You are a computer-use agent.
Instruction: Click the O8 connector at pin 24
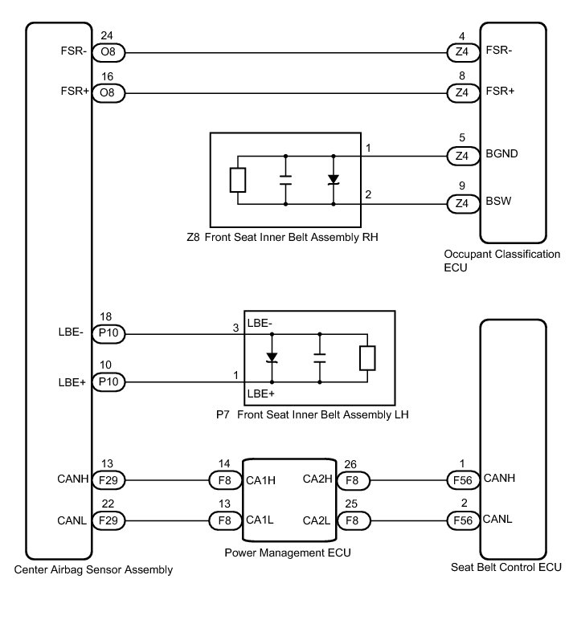107,53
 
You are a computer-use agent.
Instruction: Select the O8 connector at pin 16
107,94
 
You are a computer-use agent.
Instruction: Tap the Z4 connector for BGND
461,156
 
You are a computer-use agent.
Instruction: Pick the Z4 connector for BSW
461,204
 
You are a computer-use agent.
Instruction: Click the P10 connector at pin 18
109,334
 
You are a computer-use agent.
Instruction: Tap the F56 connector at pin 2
461,520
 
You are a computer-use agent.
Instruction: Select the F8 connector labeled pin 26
350,481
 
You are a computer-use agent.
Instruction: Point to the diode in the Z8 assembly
333,181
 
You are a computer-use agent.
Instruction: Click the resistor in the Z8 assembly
237,181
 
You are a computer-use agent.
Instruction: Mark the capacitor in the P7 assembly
319,358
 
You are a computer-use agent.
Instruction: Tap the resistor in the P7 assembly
367,358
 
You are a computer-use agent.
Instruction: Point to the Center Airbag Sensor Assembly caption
93,571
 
